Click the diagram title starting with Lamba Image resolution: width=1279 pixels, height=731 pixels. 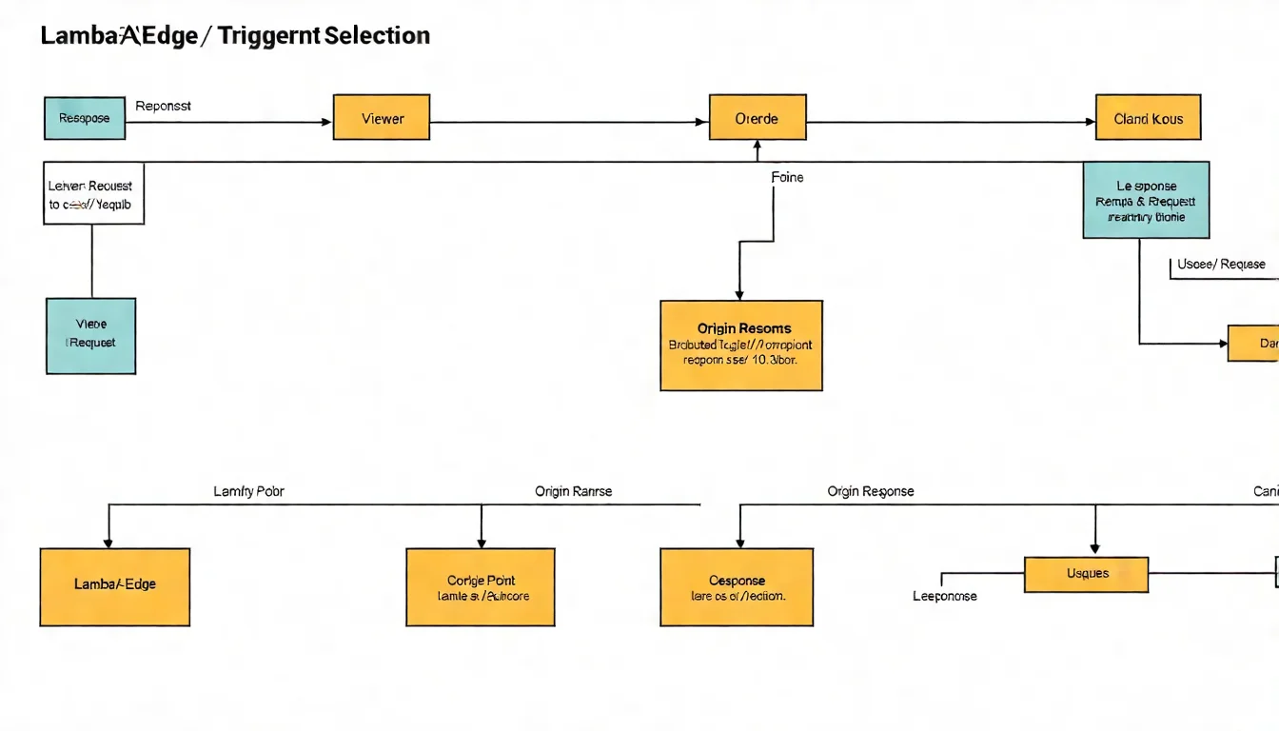[235, 36]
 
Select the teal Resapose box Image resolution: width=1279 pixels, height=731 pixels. [85, 118]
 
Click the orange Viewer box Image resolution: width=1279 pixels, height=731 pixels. [382, 118]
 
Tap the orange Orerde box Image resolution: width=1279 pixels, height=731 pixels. [758, 118]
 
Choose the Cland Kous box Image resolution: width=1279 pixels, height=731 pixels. [1148, 118]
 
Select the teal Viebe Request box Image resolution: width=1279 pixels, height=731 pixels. [90, 335]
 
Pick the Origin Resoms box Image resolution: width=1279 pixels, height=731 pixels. [740, 345]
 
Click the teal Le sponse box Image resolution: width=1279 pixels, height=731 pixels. [1146, 200]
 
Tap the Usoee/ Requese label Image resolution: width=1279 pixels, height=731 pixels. [1221, 264]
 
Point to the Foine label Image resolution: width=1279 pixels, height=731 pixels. [787, 177]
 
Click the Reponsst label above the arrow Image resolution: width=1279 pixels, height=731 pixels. [163, 106]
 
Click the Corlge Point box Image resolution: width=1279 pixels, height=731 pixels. [481, 586]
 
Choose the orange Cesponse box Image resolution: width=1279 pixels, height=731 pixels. [737, 586]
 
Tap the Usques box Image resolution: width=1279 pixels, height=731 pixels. [1086, 574]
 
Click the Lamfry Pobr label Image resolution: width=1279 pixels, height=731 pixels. [248, 491]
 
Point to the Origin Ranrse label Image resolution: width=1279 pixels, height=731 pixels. [573, 491]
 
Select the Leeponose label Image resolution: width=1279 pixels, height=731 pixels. [944, 596]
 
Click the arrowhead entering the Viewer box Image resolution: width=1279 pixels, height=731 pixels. [326, 122]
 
